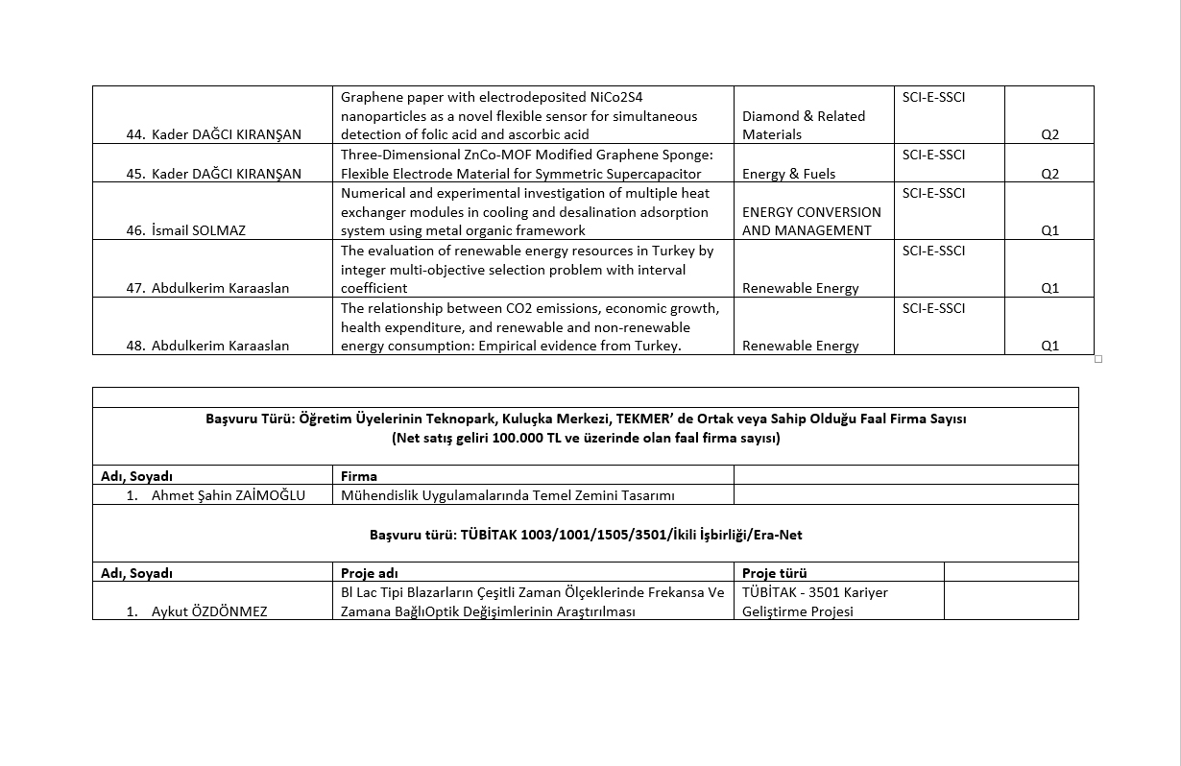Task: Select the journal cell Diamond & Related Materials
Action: click(803, 125)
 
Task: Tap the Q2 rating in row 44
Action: click(1049, 134)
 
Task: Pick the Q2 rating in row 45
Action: click(1049, 174)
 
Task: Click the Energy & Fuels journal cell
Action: click(788, 174)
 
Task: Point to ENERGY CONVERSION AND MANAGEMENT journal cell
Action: click(811, 221)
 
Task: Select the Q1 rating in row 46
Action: click(1049, 230)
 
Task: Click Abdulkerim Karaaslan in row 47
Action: click(220, 288)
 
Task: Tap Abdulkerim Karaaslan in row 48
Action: click(220, 346)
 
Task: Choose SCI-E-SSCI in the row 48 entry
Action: click(933, 308)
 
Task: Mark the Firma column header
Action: click(359, 476)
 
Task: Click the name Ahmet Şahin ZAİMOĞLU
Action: click(228, 495)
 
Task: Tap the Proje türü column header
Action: click(774, 573)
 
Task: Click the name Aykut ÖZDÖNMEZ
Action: click(209, 611)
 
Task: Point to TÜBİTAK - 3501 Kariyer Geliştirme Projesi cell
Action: click(814, 602)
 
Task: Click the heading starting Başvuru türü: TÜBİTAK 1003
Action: click(586, 534)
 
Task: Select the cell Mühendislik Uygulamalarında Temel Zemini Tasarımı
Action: click(508, 495)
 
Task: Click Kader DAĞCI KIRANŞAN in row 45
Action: click(226, 174)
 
